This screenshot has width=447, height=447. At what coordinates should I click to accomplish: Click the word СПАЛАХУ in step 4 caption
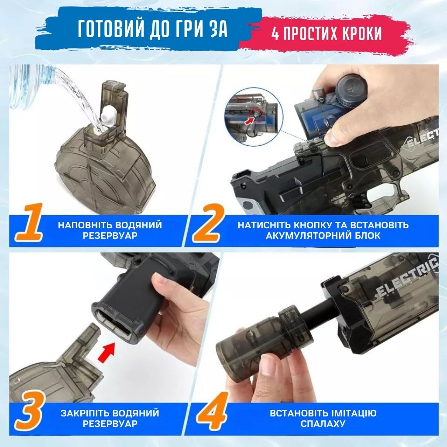[x=323, y=423]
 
